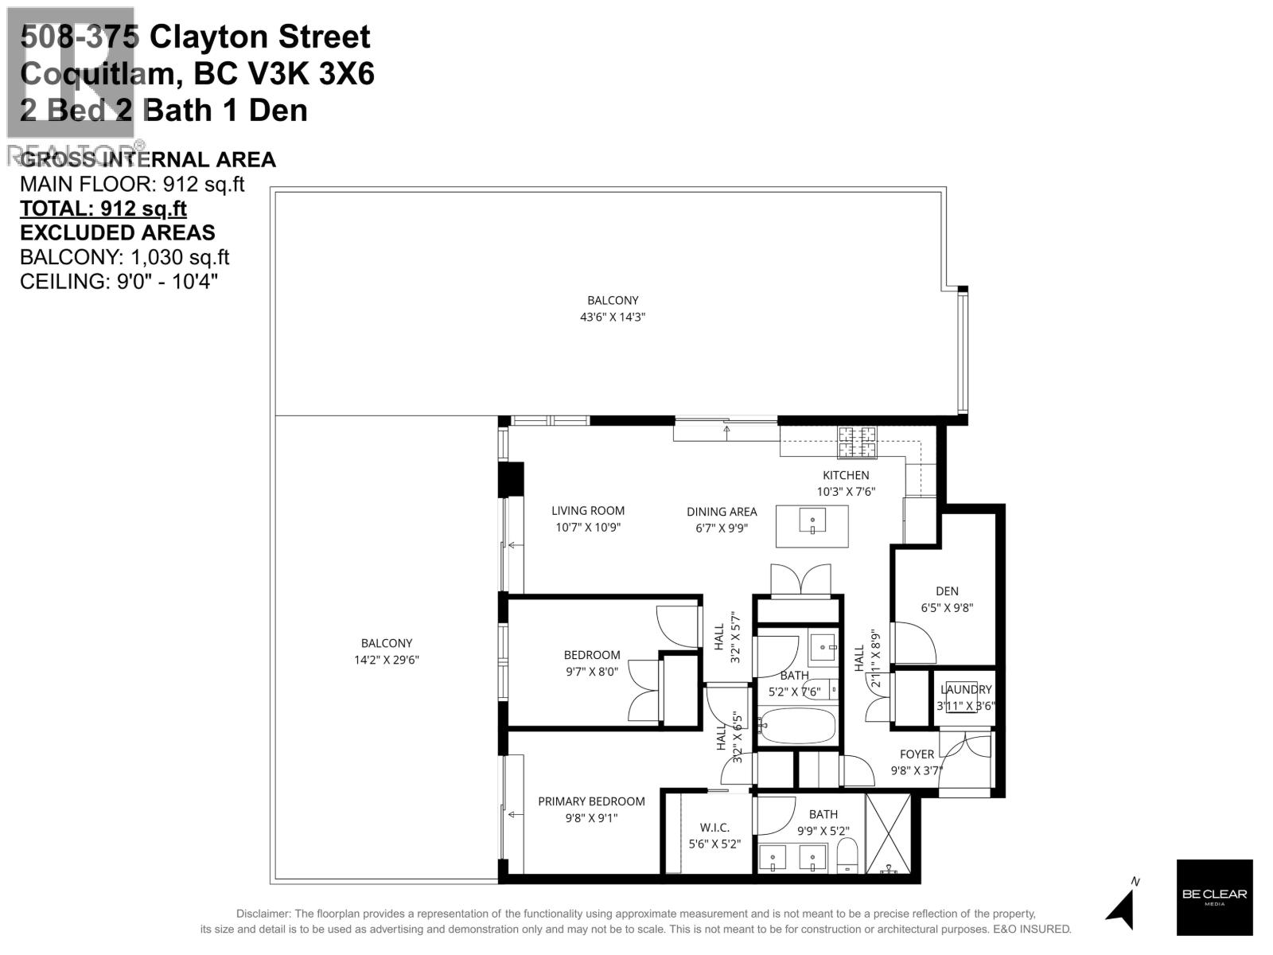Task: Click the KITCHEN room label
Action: pyautogui.click(x=846, y=475)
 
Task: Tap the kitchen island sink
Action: pyautogui.click(x=812, y=523)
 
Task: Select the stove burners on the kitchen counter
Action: pyautogui.click(x=856, y=442)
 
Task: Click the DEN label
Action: pyautogui.click(x=947, y=591)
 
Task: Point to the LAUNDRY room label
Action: pyautogui.click(x=966, y=689)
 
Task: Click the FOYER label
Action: pyautogui.click(x=917, y=754)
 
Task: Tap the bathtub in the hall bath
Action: pyautogui.click(x=798, y=725)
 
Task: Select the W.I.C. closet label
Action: pyautogui.click(x=714, y=828)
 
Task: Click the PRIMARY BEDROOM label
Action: pyautogui.click(x=591, y=801)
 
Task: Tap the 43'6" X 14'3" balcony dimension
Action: pyautogui.click(x=613, y=317)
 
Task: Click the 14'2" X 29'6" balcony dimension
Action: pyautogui.click(x=387, y=660)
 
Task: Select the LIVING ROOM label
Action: pyautogui.click(x=588, y=510)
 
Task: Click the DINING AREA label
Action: pyautogui.click(x=722, y=511)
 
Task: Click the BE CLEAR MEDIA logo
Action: pyautogui.click(x=1214, y=897)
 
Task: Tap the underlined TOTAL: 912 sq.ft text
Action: pyautogui.click(x=103, y=209)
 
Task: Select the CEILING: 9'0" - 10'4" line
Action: pyautogui.click(x=119, y=281)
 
